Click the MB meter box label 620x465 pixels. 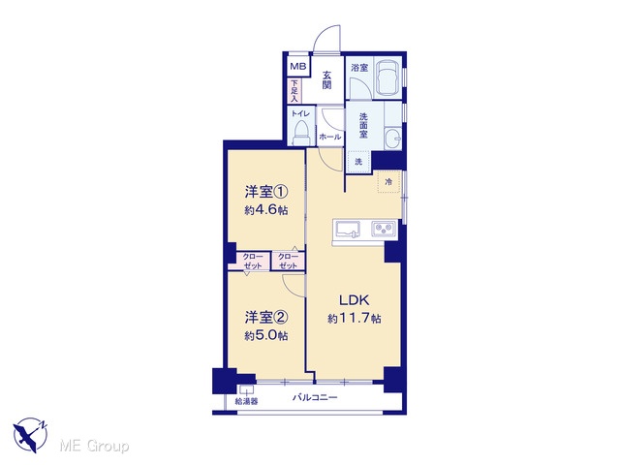point(298,66)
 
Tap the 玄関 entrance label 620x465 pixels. point(326,79)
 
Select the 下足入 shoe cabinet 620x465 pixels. point(294,90)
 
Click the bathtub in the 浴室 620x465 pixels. point(387,78)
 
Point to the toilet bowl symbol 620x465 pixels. point(301,134)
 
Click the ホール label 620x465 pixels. point(329,138)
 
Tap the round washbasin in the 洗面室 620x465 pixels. point(391,139)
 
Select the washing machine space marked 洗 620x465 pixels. point(358,162)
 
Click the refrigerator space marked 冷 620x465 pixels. point(389,182)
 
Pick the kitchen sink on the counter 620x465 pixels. point(348,229)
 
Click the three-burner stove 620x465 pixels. point(384,229)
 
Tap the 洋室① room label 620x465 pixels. point(266,193)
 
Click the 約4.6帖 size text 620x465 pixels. point(266,210)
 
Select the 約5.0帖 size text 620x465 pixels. point(266,336)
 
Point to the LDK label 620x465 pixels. point(355,300)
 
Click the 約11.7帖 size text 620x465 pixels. point(355,319)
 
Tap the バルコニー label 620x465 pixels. point(315,397)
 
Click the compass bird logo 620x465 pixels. point(30,434)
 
